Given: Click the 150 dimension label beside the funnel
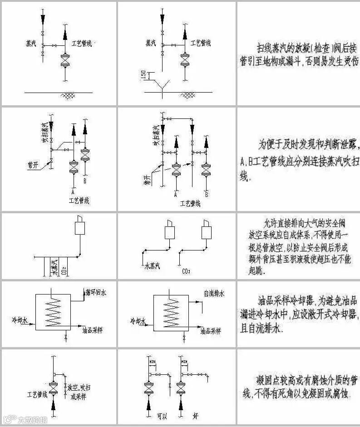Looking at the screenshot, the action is click(x=143, y=76).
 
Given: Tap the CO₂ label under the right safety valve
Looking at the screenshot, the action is click(x=185, y=271).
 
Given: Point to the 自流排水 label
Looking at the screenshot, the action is click(x=214, y=294).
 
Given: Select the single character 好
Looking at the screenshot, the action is click(x=195, y=415).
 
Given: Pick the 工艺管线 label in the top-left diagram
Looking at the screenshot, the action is click(x=82, y=44).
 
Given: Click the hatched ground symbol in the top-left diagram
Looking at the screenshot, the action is click(x=68, y=96).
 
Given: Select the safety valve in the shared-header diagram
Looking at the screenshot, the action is click(x=80, y=226).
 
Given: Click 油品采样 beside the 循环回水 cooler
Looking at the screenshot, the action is click(x=93, y=330).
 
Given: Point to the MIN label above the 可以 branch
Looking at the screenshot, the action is click(x=152, y=362).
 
